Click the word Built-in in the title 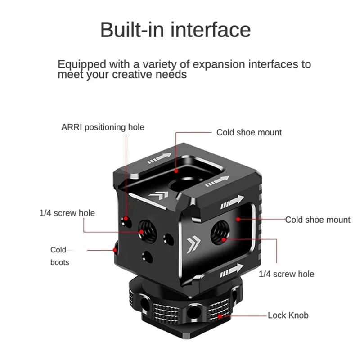pyautogui.click(x=132, y=30)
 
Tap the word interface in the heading pyautogui.click(x=211, y=30)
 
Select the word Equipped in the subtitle pyautogui.click(x=82, y=64)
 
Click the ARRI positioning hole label pyautogui.click(x=103, y=127)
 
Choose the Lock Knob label pyautogui.click(x=288, y=315)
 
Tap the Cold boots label pyautogui.click(x=59, y=256)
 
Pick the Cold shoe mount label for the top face pyautogui.click(x=249, y=132)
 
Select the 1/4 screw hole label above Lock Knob pyautogui.click(x=286, y=274)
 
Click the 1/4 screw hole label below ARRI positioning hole pyautogui.click(x=67, y=213)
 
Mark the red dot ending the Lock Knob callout pyautogui.click(x=220, y=316)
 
